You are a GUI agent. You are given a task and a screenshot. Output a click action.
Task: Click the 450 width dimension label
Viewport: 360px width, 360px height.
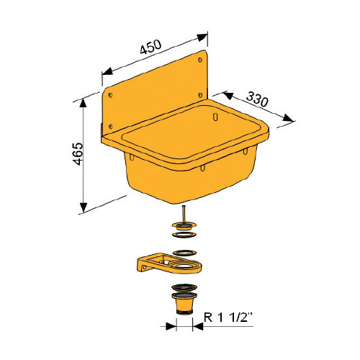[150, 47]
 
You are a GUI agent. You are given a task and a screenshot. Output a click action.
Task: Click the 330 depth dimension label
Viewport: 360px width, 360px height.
[258, 99]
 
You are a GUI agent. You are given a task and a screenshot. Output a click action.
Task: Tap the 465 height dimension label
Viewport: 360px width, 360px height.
[78, 154]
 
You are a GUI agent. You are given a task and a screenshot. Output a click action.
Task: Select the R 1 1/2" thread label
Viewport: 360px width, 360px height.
[228, 318]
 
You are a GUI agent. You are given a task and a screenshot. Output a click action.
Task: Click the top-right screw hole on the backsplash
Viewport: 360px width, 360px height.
[200, 60]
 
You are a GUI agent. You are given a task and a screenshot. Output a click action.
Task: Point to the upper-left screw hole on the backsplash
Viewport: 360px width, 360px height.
[110, 95]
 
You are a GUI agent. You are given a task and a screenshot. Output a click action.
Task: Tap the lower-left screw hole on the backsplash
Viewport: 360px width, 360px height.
[110, 126]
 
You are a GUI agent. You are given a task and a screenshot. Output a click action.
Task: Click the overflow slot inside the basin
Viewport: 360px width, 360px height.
[215, 117]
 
